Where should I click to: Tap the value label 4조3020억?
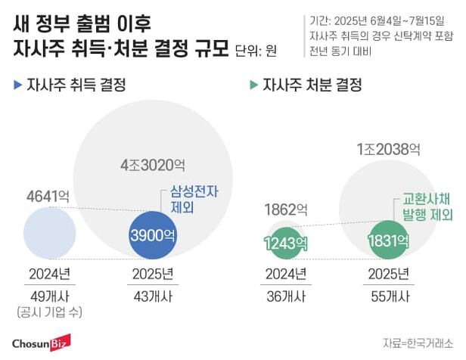click(152, 164)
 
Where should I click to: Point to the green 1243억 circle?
click(285, 242)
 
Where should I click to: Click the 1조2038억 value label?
click(387, 150)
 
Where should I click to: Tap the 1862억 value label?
click(286, 209)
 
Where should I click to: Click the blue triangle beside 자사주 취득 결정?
click(17, 85)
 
